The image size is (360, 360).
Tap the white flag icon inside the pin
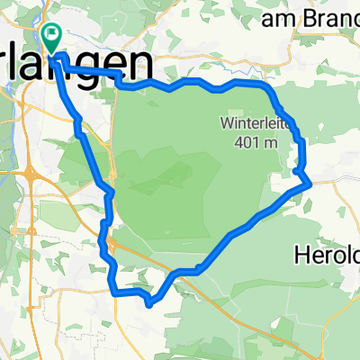[x=51, y=35]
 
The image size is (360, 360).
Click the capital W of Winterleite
[x=225, y=122]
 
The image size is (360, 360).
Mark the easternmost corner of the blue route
[x=310, y=182]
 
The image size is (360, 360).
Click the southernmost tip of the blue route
[x=148, y=303]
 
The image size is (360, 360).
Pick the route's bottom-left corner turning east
[x=112, y=291]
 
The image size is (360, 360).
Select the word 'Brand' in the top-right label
[x=325, y=17]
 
